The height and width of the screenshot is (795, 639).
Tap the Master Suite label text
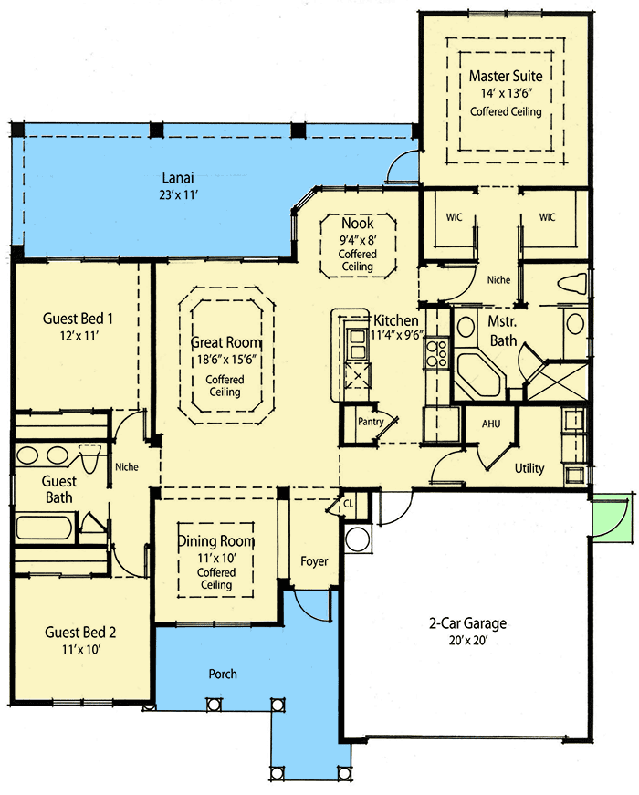pyautogui.click(x=506, y=76)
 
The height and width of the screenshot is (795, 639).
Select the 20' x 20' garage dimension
pyautogui.click(x=467, y=641)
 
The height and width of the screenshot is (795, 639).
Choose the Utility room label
pyautogui.click(x=529, y=468)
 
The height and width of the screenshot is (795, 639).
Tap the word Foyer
pyautogui.click(x=314, y=561)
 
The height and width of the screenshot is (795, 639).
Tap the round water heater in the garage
pyautogui.click(x=358, y=539)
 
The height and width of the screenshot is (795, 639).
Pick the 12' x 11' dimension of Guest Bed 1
pyautogui.click(x=78, y=336)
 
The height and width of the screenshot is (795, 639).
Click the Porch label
pyautogui.click(x=222, y=674)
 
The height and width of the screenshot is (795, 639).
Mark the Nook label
pyautogui.click(x=357, y=224)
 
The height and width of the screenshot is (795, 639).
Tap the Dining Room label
pyautogui.click(x=216, y=540)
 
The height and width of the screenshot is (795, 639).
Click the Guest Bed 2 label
pyautogui.click(x=80, y=632)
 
